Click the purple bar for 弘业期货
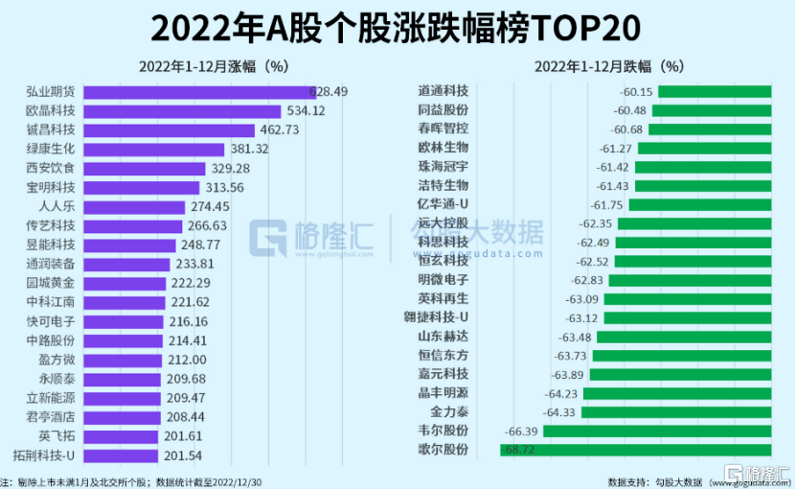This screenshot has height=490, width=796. tap(196, 91)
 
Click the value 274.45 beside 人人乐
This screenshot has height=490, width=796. tap(209, 206)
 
